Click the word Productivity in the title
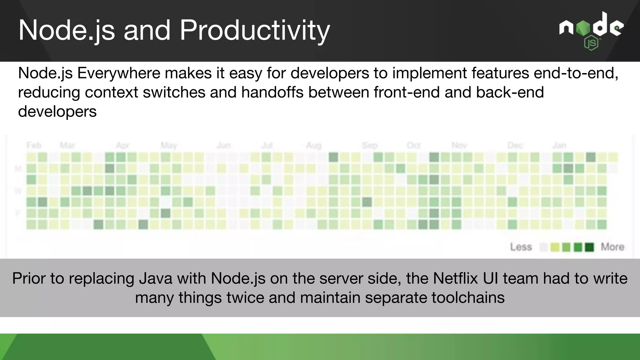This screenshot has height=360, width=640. tap(255, 30)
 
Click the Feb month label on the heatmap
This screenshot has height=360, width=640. tap(34, 145)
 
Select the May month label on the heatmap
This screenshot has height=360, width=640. tap(169, 145)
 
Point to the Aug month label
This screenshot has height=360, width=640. tap(313, 145)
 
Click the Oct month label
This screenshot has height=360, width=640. tap(413, 145)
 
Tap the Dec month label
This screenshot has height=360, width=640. tap(515, 145)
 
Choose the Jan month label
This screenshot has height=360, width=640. tap(559, 145)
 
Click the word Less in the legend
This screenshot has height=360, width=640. tap(521, 247)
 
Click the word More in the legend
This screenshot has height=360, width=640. tap(612, 247)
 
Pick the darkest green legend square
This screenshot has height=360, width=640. tap(589, 247)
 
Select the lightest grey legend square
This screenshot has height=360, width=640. tap(543, 247)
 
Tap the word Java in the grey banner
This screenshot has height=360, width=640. tap(155, 278)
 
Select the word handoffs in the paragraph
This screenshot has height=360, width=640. tap(272, 92)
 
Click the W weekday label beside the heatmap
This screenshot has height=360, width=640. tap(18, 191)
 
